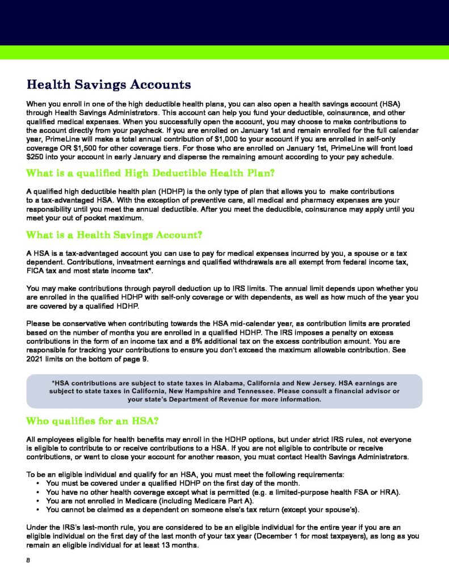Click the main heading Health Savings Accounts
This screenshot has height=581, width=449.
108,85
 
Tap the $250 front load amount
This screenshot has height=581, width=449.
35,157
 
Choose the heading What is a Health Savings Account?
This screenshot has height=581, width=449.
115,234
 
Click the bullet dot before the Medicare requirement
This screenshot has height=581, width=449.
37,501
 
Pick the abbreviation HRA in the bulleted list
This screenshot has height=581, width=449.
391,492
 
